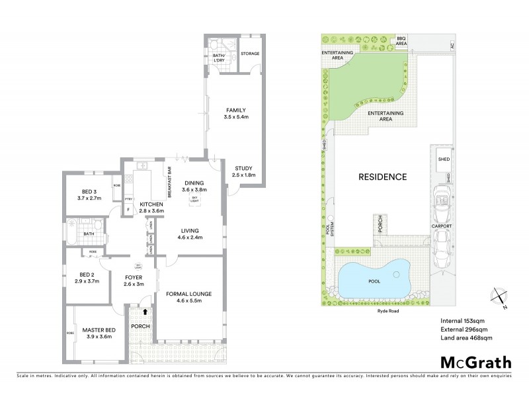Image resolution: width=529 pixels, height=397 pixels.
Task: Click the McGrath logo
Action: click(x=475, y=362)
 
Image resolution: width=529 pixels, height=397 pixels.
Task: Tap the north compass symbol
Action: click(x=499, y=298)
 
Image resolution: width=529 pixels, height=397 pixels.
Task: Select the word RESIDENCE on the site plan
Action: click(x=382, y=177)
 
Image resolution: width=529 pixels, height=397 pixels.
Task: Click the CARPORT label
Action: click(x=442, y=226)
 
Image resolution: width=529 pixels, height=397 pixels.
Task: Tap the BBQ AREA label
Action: click(x=401, y=41)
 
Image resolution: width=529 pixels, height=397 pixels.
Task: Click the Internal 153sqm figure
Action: click(x=463, y=321)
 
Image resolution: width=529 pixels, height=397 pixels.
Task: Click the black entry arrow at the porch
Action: click(x=145, y=311)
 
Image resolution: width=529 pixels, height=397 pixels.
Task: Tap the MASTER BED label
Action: click(x=99, y=330)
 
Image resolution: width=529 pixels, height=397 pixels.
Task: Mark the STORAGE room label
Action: click(x=249, y=54)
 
